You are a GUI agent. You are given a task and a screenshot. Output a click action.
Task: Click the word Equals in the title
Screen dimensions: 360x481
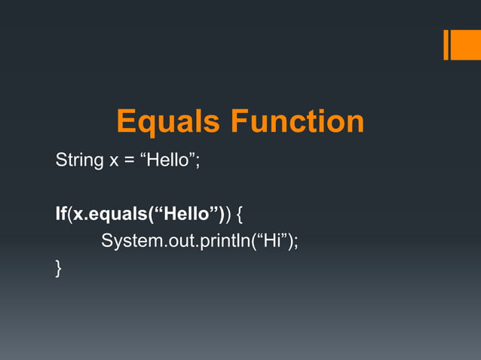[x=170, y=122]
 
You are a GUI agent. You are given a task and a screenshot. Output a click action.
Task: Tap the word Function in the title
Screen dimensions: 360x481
[x=297, y=122]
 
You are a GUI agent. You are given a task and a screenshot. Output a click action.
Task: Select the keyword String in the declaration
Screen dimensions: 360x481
[x=78, y=160]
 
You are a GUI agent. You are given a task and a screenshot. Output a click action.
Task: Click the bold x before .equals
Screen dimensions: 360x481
[x=78, y=215]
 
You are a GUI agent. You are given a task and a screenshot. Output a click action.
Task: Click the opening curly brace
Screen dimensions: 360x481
[x=240, y=215]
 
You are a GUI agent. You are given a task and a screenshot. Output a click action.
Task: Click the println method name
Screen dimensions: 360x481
[x=212, y=241]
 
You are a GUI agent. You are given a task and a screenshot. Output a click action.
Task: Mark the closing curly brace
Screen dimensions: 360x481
[x=59, y=268]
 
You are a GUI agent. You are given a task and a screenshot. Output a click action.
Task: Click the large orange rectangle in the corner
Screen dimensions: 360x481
[x=461, y=44]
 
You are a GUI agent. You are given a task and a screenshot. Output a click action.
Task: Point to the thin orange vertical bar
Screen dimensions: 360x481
[x=446, y=44]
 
